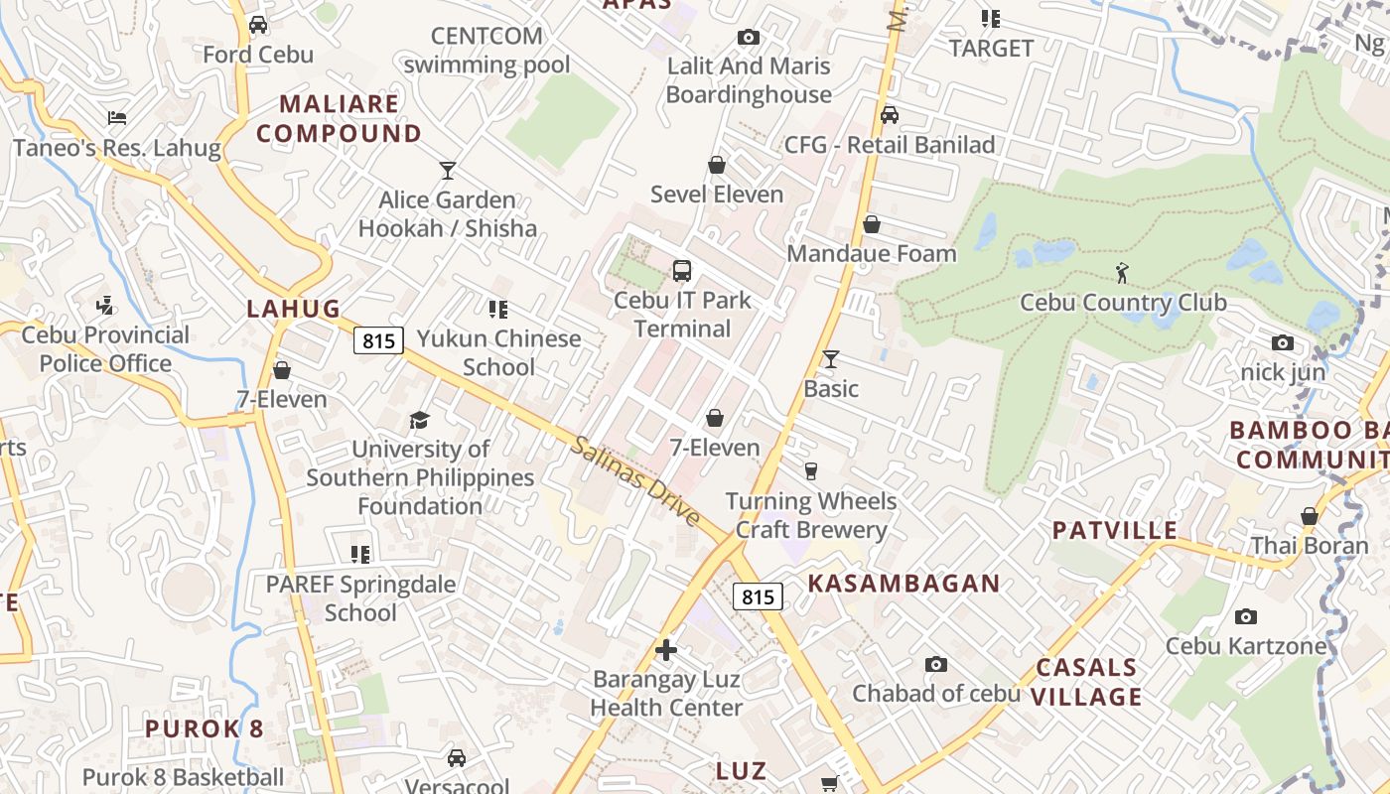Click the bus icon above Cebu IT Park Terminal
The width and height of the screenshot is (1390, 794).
682,270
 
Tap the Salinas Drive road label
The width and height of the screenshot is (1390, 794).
636,481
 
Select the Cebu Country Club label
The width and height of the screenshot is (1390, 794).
1123,303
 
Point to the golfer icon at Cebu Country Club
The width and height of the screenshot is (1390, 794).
1122,272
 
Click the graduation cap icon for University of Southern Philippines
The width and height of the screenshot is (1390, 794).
420,420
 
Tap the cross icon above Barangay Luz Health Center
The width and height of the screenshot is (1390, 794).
666,650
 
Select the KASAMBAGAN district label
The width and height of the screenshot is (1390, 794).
903,584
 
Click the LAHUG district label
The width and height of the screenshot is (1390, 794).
294,309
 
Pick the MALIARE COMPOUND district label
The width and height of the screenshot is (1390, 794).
339,118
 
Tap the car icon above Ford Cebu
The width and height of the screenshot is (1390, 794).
258,25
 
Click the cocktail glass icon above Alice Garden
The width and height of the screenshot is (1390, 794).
448,170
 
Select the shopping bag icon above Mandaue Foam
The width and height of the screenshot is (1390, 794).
872,224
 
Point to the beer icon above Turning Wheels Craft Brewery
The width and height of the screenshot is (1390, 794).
811,470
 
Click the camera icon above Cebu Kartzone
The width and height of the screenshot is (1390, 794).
1246,616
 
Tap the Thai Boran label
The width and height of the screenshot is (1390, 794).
1309,545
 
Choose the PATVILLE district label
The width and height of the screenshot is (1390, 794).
1115,530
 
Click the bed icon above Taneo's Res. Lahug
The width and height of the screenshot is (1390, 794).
117,118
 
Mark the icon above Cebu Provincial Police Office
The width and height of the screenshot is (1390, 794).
105,306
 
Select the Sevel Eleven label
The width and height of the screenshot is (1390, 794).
717,195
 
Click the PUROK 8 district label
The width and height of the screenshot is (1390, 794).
205,728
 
